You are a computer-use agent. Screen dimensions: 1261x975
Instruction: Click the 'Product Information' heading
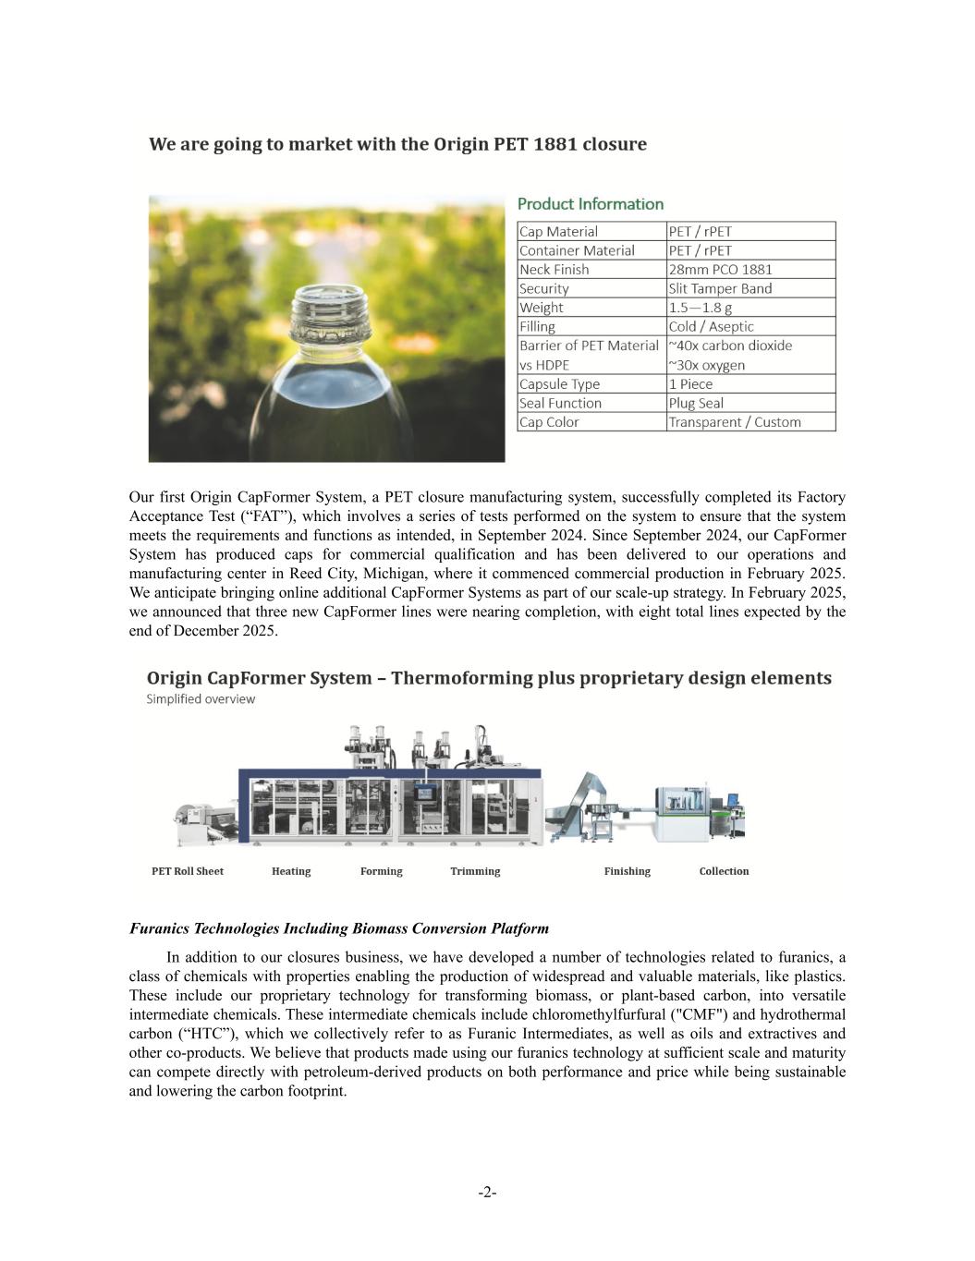click(x=590, y=204)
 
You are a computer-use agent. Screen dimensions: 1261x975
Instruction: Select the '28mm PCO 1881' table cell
click(x=720, y=270)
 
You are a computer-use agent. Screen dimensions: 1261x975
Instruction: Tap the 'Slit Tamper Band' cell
click(x=720, y=288)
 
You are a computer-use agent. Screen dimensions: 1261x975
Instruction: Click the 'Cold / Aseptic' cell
click(x=711, y=326)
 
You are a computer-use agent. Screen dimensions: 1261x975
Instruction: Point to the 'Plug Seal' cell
click(x=696, y=403)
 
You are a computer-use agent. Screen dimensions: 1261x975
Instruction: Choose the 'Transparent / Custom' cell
click(x=735, y=422)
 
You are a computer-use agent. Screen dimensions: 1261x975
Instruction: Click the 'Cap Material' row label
click(x=558, y=232)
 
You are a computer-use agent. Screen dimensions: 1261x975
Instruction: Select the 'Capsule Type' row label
click(x=559, y=384)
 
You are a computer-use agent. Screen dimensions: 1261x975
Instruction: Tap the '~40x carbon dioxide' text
click(x=730, y=346)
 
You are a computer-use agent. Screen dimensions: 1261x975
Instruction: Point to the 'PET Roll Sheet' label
click(x=188, y=871)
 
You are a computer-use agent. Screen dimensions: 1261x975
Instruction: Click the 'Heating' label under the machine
click(x=291, y=871)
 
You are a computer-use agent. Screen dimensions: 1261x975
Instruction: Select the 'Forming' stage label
click(x=381, y=871)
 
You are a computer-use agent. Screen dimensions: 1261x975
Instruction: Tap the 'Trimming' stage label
click(x=475, y=871)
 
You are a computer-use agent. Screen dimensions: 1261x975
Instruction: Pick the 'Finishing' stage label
click(x=627, y=871)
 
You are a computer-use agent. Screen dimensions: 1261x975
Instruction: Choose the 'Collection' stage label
click(x=724, y=871)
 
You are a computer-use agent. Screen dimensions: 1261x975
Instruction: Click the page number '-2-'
click(x=487, y=1193)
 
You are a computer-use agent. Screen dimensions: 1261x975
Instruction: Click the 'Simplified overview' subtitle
click(x=201, y=699)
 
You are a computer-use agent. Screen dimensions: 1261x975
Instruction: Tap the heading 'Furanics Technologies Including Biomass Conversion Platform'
click(x=339, y=928)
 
